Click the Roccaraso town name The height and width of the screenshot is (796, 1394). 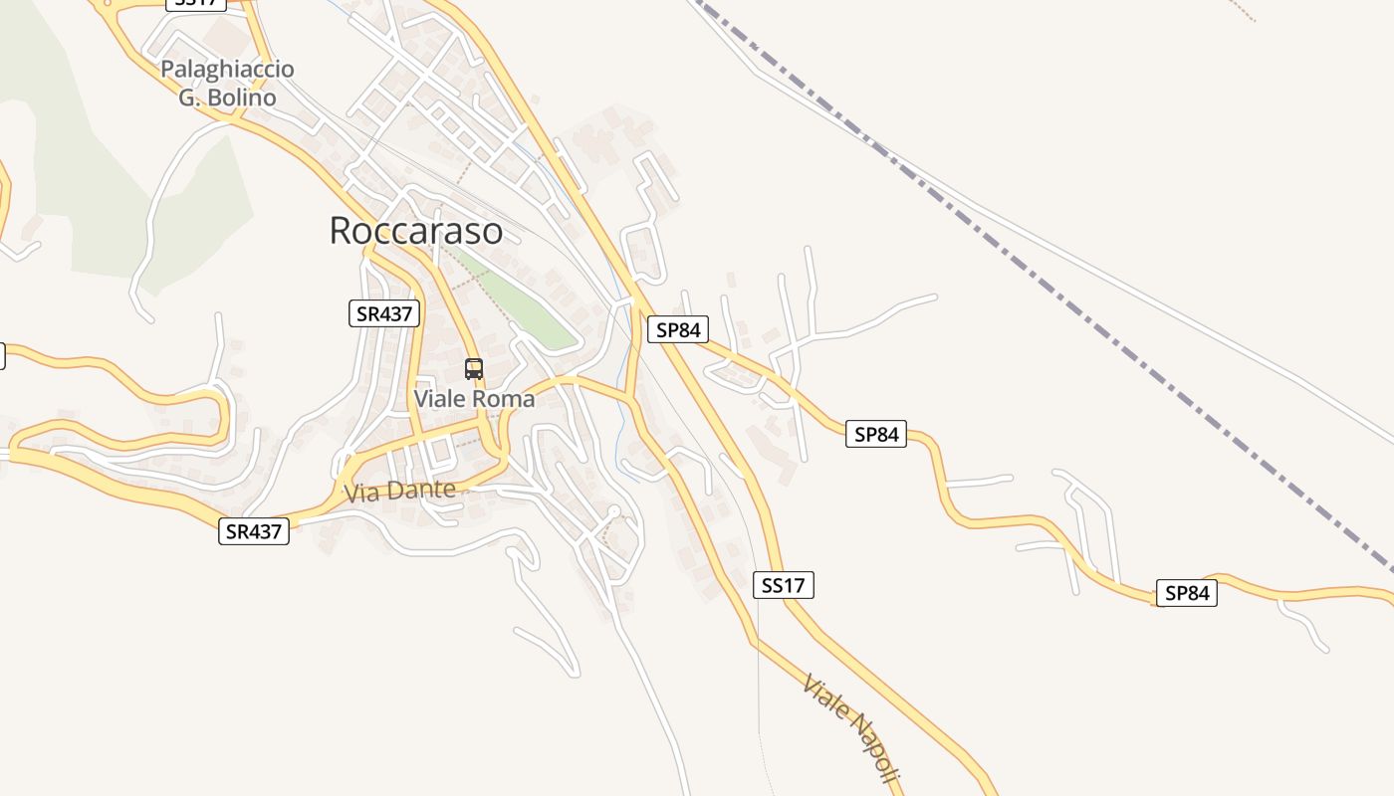click(x=415, y=230)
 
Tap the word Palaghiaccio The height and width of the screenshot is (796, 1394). click(x=227, y=70)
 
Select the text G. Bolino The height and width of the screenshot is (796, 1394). click(x=227, y=98)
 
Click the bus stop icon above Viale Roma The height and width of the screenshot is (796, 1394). click(x=474, y=369)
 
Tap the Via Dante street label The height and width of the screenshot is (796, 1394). click(x=399, y=491)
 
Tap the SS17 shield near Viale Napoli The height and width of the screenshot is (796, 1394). click(x=783, y=585)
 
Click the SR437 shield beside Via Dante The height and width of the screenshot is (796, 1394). click(x=254, y=531)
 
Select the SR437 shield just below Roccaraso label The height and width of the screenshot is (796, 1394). click(x=385, y=313)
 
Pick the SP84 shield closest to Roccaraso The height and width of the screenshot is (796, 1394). click(x=677, y=329)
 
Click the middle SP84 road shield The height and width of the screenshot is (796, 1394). click(x=876, y=434)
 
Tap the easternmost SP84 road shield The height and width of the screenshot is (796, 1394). click(x=1186, y=593)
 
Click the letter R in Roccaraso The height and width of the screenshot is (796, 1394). click(x=341, y=231)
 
